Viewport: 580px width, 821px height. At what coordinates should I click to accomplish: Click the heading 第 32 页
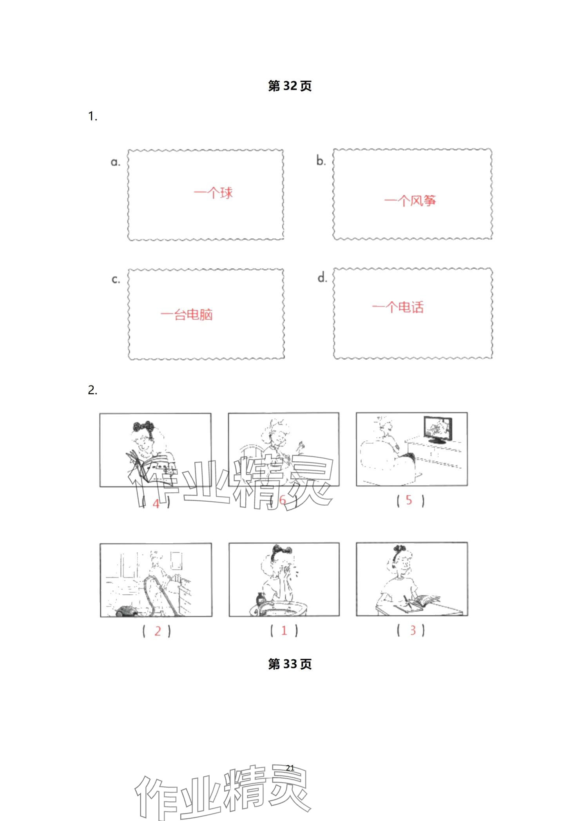click(290, 86)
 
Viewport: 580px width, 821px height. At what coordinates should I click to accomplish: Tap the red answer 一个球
click(213, 193)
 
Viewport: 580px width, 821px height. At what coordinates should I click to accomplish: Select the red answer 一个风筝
click(410, 201)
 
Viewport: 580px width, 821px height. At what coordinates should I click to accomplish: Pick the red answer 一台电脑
click(187, 314)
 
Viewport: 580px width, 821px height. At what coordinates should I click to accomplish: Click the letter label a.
click(115, 162)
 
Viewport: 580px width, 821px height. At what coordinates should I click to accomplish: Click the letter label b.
click(321, 160)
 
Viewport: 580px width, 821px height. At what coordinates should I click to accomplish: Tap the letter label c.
click(116, 279)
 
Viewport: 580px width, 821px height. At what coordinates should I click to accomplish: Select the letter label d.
click(322, 277)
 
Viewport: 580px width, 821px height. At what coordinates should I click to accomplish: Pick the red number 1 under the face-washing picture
click(284, 630)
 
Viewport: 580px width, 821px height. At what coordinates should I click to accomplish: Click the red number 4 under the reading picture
click(156, 504)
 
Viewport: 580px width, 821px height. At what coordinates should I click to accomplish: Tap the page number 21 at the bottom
click(290, 768)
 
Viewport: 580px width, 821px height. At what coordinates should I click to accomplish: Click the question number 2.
click(92, 390)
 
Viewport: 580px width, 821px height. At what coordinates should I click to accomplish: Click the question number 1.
click(92, 117)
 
